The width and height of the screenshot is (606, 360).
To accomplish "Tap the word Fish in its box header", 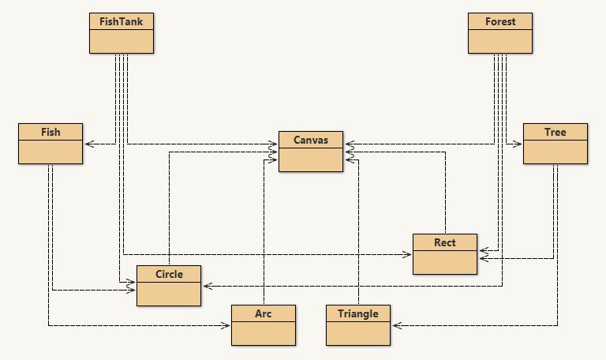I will (x=50, y=132).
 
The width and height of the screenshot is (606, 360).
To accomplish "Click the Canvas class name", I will (x=310, y=140).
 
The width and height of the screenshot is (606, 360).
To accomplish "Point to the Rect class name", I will (x=445, y=242).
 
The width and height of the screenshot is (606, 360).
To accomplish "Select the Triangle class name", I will (x=357, y=313).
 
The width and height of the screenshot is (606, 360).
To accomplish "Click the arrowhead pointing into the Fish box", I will (x=88, y=144).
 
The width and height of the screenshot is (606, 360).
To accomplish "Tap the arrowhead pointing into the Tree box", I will (x=518, y=144).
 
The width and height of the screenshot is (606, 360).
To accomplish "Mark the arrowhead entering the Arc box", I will (x=226, y=325).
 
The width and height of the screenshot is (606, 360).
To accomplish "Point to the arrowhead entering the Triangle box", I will (x=395, y=325).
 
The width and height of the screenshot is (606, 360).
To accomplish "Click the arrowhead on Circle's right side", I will (x=206, y=286).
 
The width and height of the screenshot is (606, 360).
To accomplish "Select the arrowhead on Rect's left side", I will (x=408, y=254).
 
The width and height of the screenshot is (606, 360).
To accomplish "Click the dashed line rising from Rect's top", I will (x=446, y=197).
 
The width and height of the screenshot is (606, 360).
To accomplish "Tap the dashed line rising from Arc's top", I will (x=264, y=237).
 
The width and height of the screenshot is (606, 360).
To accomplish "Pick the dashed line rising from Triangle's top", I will (x=358, y=237).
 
